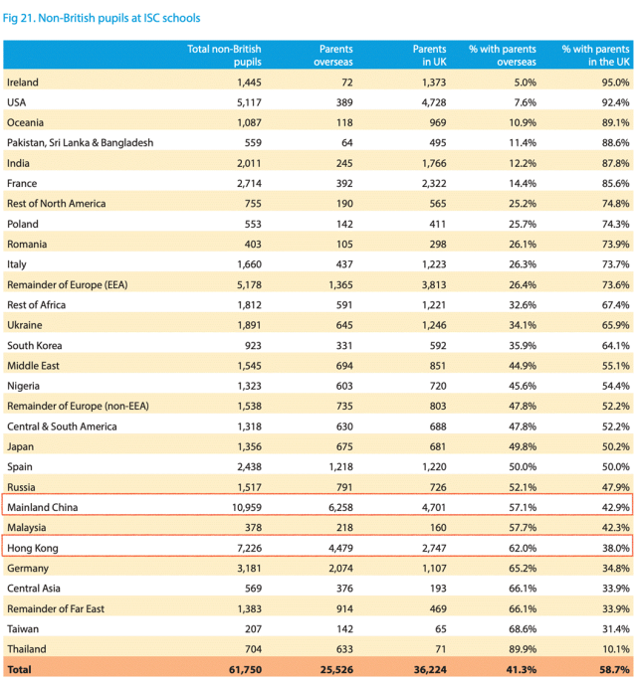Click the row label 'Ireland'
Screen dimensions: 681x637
tap(24, 82)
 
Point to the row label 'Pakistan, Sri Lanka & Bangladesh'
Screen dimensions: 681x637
tap(80, 142)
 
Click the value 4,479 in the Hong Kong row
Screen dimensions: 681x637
tap(334, 548)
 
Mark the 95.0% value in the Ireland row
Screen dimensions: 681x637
tap(613, 82)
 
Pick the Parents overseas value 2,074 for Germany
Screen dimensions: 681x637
tap(334, 568)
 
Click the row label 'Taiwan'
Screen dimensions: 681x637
tap(24, 628)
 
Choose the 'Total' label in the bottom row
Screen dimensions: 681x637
tap(20, 670)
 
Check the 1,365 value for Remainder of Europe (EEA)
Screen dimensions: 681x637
tap(334, 284)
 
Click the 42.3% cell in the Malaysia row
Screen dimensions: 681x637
tap(613, 527)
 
